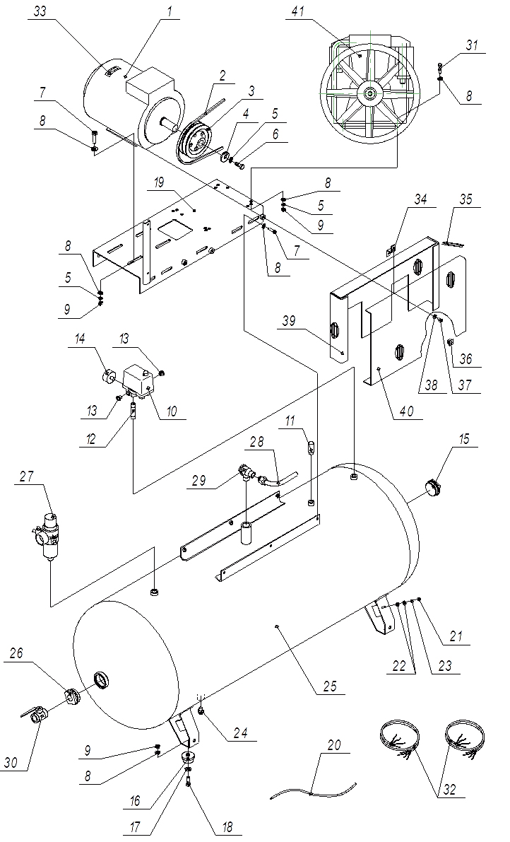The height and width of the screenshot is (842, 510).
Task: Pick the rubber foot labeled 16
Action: click(189, 758)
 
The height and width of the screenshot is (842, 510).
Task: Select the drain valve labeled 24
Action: click(201, 710)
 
